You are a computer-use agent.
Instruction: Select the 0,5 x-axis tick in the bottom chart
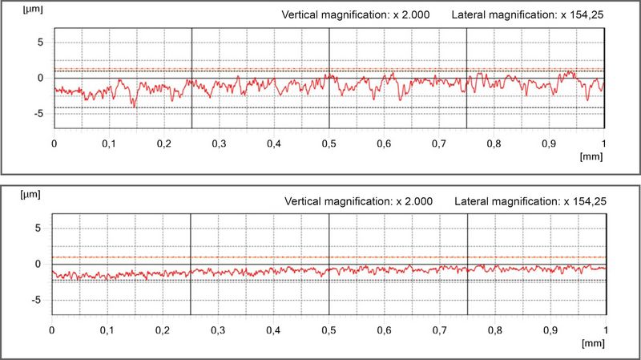(328, 330)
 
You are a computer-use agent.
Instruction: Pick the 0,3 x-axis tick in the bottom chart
(218, 330)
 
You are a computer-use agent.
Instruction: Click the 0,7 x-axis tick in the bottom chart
(438, 330)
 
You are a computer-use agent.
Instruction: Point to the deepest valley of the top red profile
(134, 106)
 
